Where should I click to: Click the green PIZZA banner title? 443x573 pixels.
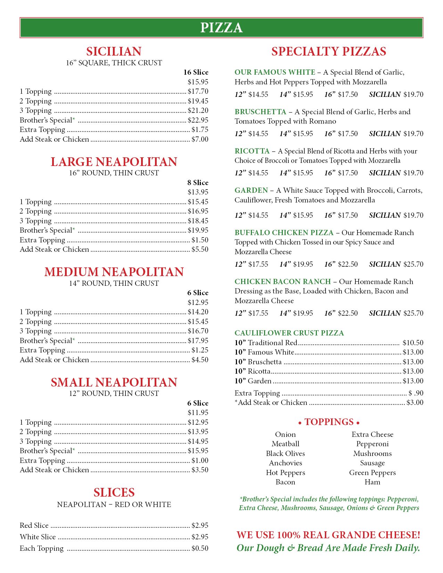(221, 28)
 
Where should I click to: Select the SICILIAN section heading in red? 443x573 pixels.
(114, 51)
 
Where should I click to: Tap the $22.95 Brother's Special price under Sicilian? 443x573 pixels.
(198, 120)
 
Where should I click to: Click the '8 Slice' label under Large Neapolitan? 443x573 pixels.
(198, 183)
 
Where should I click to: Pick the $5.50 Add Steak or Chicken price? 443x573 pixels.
(200, 249)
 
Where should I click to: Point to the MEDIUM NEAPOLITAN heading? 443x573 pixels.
(114, 272)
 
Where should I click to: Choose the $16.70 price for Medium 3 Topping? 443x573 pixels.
(198, 331)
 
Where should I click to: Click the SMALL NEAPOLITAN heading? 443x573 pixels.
(114, 382)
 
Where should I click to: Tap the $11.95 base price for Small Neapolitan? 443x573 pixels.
(198, 413)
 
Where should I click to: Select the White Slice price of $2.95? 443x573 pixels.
(200, 537)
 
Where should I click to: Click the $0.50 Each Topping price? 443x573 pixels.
(200, 548)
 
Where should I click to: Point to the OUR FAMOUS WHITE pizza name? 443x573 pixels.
(275, 72)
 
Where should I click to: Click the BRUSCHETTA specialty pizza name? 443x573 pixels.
(260, 112)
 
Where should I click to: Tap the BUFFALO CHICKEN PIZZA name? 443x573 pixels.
(284, 233)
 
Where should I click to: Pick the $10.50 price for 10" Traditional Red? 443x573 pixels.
(413, 343)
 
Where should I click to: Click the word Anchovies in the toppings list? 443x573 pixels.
(286, 463)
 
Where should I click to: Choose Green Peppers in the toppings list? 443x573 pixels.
(372, 473)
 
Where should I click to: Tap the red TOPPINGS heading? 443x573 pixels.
(329, 422)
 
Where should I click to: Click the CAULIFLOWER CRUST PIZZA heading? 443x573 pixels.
(289, 333)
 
